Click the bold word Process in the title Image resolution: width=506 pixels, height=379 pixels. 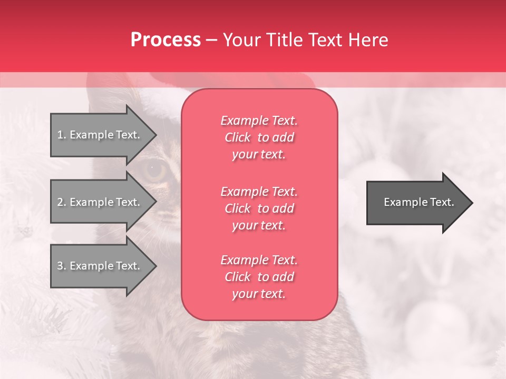(166, 40)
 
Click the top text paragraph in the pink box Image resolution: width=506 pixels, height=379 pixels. (259, 137)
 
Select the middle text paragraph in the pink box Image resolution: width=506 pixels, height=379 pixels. (259, 208)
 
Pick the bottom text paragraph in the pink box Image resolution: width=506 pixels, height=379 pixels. (259, 277)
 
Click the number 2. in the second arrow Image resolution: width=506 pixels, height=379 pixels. (62, 202)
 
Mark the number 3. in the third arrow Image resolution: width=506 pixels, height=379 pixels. (62, 266)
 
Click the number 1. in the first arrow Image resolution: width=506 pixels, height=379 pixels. (62, 135)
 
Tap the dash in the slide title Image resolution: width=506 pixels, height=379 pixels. (211, 41)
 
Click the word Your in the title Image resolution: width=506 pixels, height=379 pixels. (241, 40)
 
